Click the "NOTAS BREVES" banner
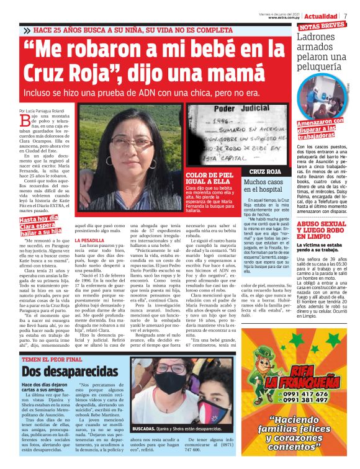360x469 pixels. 322,27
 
